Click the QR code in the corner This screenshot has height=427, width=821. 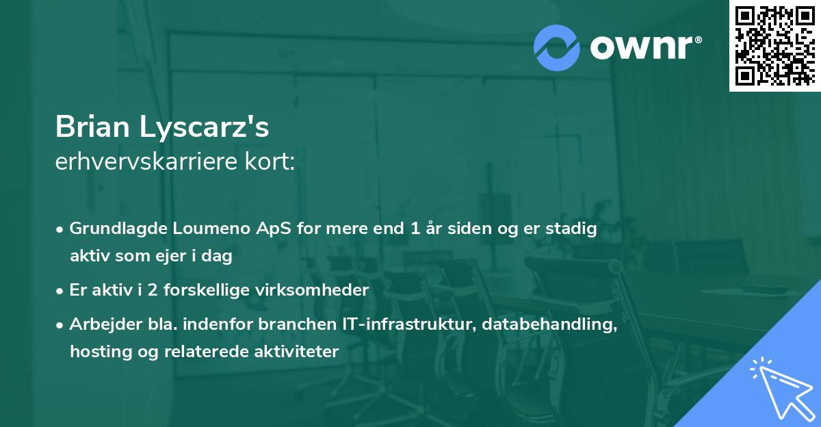tap(774, 46)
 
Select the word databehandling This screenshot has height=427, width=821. tap(549, 324)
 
